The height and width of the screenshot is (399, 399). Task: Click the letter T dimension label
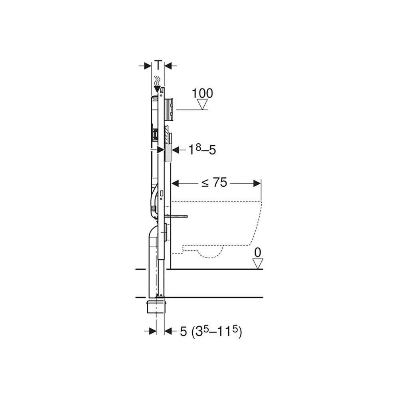point(158,65)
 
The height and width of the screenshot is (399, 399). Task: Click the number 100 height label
point(202,93)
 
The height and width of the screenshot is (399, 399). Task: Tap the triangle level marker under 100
point(202,104)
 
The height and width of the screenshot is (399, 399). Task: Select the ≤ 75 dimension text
point(214,182)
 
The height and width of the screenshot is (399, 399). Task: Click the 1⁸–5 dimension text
point(202,150)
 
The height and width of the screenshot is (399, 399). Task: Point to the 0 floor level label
point(257,253)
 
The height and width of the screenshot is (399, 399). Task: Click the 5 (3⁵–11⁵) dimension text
point(211,331)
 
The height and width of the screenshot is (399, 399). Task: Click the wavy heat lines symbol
point(158,81)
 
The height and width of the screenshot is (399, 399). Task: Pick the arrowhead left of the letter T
point(148,66)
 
